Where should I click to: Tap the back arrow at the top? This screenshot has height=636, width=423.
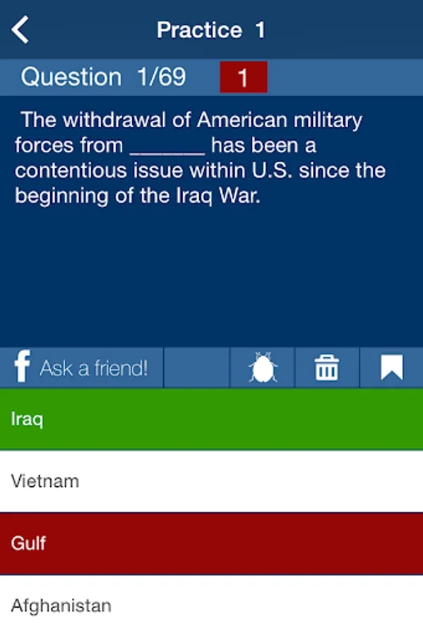(x=20, y=30)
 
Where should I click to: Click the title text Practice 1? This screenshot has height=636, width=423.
(x=211, y=30)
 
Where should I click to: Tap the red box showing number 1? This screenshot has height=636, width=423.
(x=244, y=77)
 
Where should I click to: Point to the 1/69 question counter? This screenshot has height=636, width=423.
(x=162, y=76)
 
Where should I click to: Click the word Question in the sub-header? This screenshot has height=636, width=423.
(x=71, y=76)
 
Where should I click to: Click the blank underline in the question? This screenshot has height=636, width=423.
(x=167, y=153)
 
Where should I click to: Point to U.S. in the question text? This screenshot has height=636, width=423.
(x=272, y=170)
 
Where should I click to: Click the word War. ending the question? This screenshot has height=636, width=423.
(x=239, y=196)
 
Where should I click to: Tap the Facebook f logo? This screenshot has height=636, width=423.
(x=23, y=366)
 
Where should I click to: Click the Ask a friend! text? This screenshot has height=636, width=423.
(x=94, y=368)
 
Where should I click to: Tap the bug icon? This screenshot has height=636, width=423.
(x=263, y=367)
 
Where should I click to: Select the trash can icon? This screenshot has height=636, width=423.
(x=327, y=367)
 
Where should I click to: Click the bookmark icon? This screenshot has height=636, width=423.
(x=392, y=367)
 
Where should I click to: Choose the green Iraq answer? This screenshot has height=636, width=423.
(x=212, y=419)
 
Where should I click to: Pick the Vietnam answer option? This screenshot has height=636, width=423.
(x=212, y=481)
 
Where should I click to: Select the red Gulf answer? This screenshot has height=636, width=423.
(x=212, y=543)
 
